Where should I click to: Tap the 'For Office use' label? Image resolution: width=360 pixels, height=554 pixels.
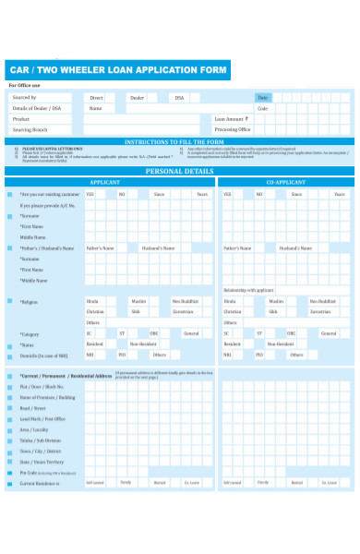click(25, 86)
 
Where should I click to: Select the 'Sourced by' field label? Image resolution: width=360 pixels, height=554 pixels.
click(25, 97)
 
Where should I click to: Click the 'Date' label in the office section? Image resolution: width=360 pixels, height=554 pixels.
click(262, 97)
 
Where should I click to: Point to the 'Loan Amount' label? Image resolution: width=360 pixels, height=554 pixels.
click(230, 119)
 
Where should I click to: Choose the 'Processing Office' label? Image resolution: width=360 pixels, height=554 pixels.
click(234, 130)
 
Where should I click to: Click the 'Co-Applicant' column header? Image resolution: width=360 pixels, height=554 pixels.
click(283, 183)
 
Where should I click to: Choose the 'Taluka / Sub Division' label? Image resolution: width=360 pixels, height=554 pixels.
click(39, 440)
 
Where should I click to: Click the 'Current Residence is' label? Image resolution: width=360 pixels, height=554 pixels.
click(39, 482)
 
